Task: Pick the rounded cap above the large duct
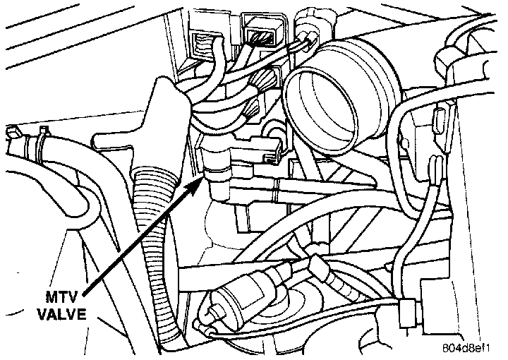310,17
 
